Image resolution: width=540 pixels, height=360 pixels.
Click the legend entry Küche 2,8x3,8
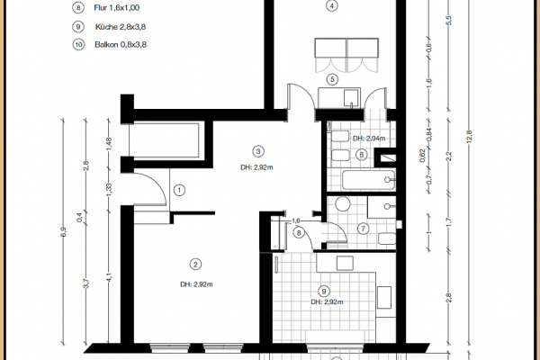click(112, 28)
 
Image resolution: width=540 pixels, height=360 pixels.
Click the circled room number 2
click(194, 264)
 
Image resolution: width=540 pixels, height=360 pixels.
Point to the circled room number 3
click(258, 151)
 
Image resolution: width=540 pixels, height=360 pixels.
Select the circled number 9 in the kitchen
click(323, 291)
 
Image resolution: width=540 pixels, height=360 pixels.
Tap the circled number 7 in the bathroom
click(363, 228)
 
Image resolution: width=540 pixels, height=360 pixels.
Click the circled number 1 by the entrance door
click(179, 190)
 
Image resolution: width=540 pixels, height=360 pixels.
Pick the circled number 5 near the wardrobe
click(332, 79)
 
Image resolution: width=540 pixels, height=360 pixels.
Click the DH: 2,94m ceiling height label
click(369, 139)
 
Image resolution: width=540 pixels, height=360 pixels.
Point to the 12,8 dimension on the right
click(469, 135)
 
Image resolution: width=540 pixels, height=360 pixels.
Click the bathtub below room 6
click(364, 177)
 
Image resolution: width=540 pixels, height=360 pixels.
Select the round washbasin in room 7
click(341, 204)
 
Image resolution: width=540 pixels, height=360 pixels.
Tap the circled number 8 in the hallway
click(299, 233)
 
